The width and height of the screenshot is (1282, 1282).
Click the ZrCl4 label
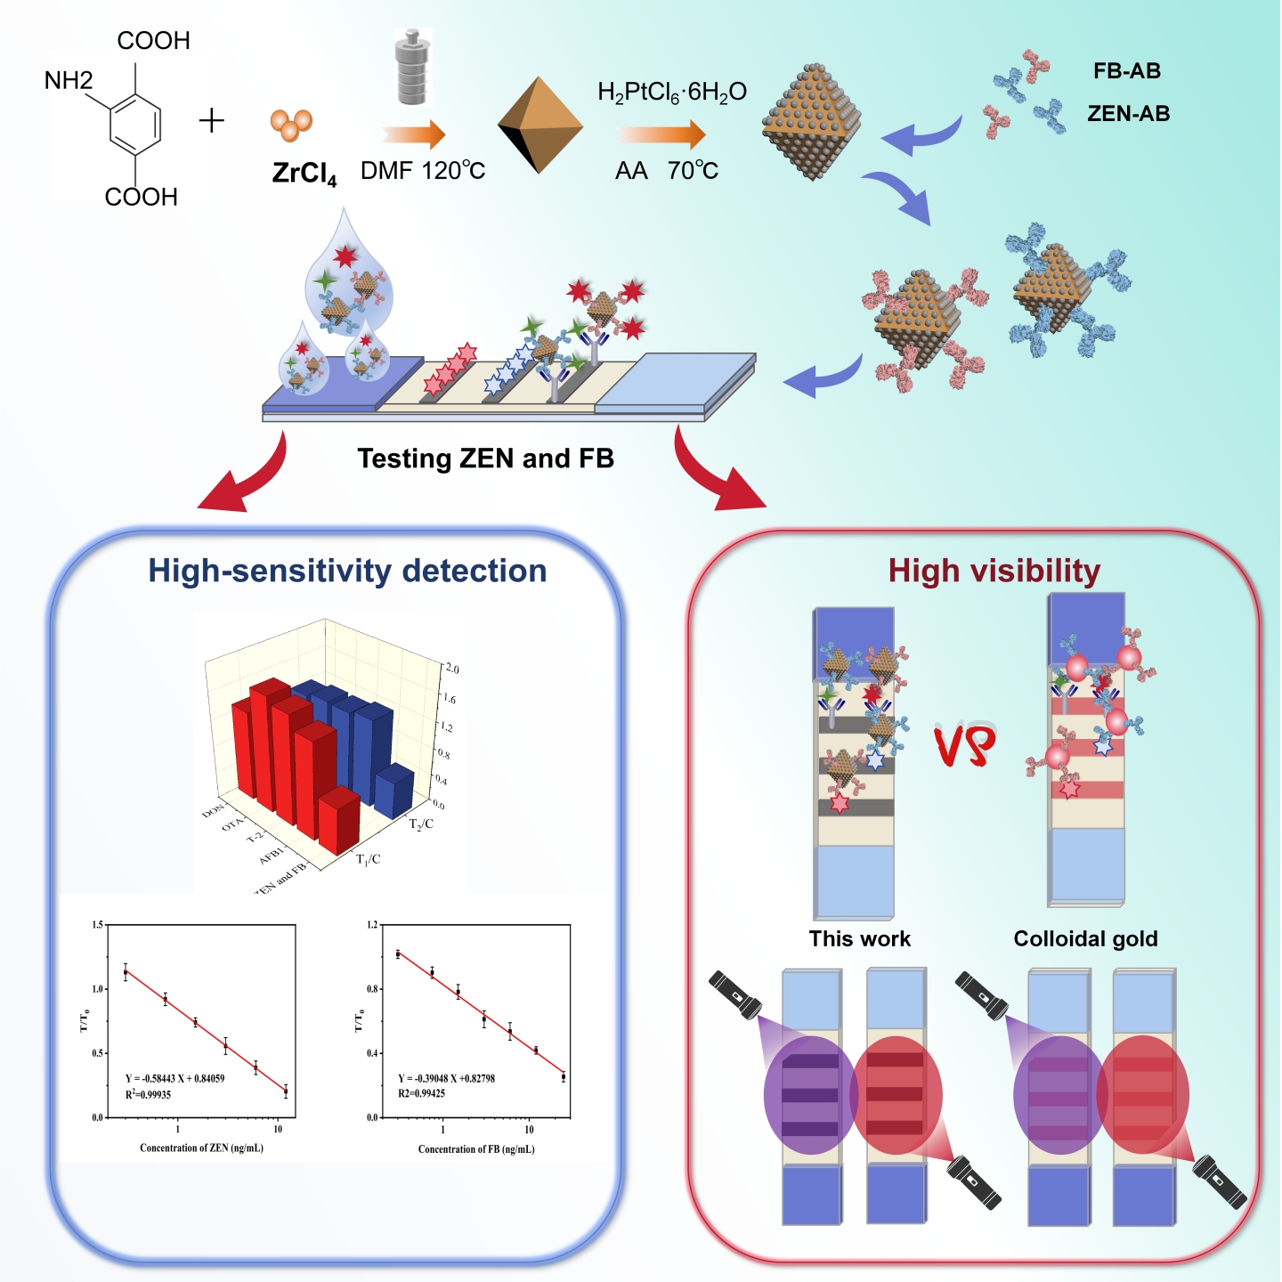(x=304, y=172)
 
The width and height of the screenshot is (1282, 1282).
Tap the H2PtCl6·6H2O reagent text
(x=672, y=93)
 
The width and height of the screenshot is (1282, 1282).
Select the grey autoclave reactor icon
(x=413, y=68)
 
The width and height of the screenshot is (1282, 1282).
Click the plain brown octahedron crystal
(x=540, y=125)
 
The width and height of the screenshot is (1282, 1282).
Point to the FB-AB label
(x=1127, y=71)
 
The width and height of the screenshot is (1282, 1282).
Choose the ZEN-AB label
(x=1128, y=114)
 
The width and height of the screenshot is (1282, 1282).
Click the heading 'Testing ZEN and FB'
(x=485, y=458)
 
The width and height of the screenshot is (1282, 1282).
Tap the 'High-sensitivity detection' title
(x=347, y=571)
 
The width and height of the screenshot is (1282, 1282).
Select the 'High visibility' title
(x=994, y=571)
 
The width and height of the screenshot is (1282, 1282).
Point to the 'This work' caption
(x=859, y=938)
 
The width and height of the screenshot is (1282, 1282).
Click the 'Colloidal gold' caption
(x=1085, y=938)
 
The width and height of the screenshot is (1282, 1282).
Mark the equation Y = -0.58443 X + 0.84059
(x=174, y=1078)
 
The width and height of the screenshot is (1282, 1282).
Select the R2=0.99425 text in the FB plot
(x=421, y=1093)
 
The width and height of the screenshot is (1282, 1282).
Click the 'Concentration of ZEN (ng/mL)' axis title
(x=201, y=1148)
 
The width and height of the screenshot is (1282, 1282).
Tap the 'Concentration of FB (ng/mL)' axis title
(x=476, y=1148)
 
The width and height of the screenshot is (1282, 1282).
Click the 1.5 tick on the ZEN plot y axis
(x=97, y=926)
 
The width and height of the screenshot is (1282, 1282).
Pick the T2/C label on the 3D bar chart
(x=421, y=824)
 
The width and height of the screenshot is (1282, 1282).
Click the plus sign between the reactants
(x=211, y=120)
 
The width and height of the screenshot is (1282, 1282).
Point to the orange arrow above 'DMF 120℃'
(x=414, y=134)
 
